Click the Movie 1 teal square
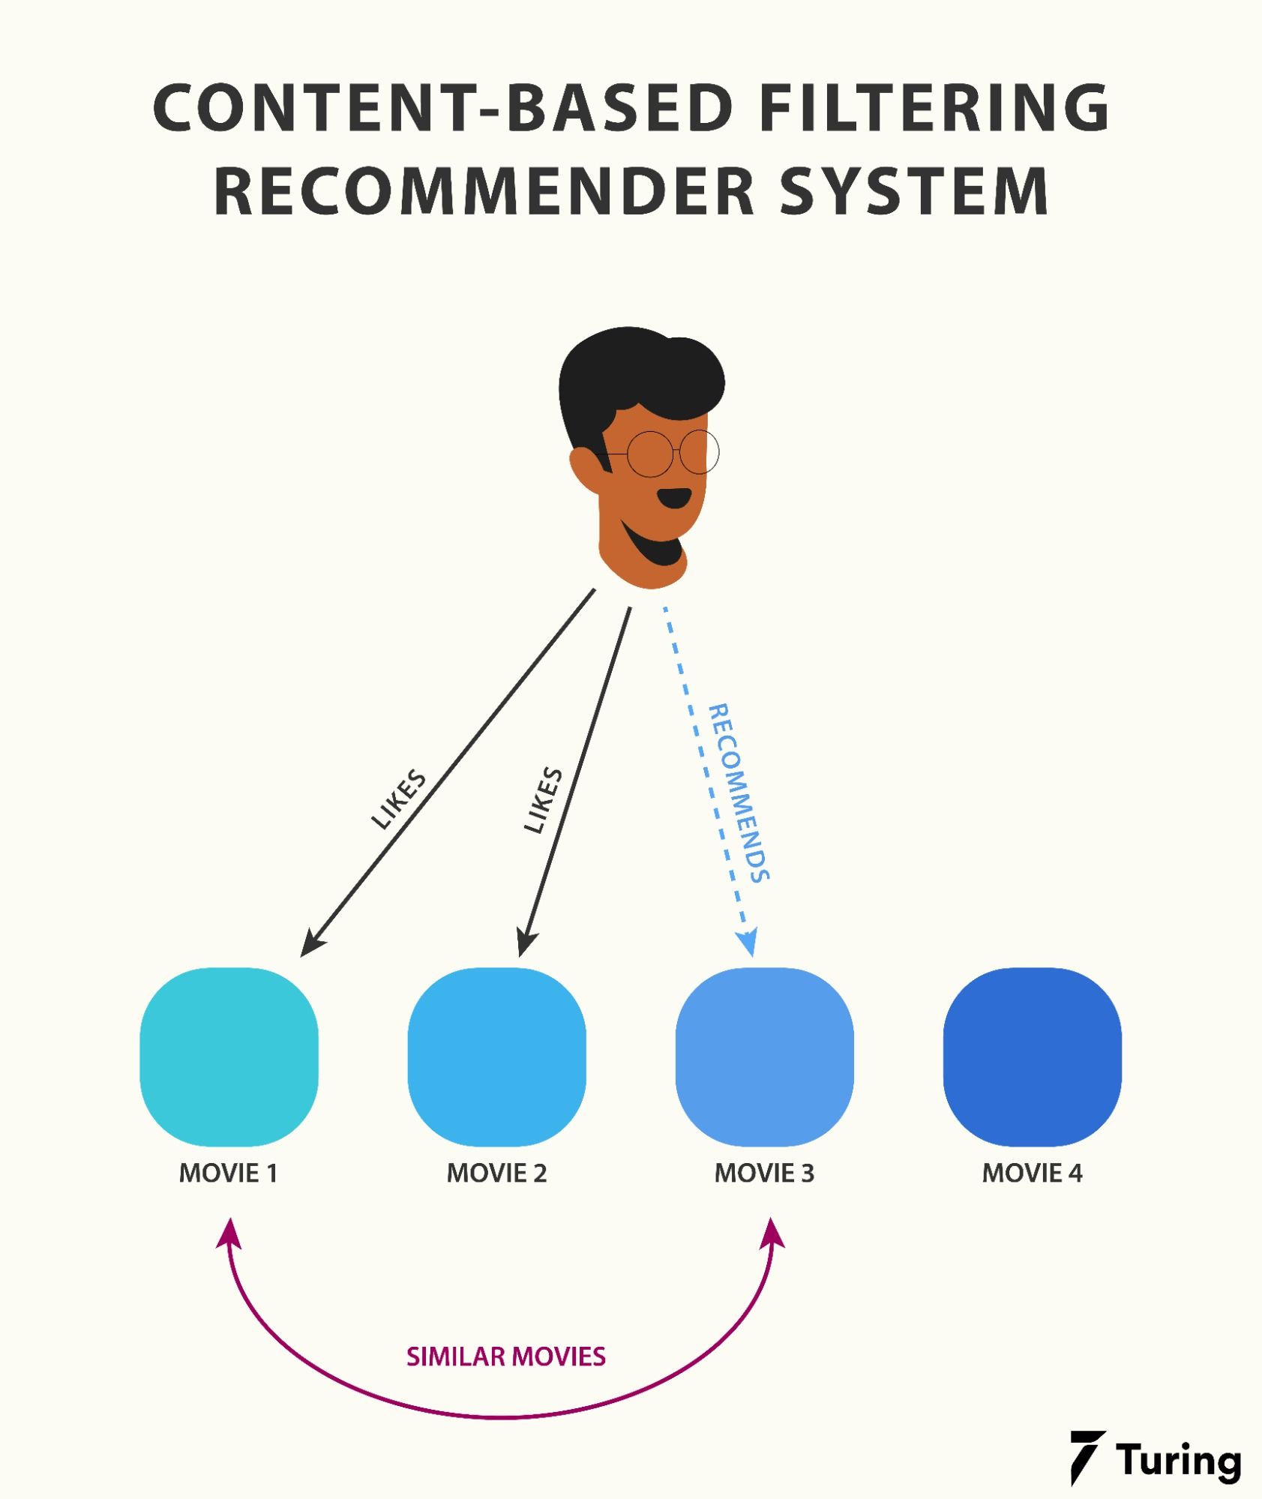coord(229,1057)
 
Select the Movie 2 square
coord(496,1057)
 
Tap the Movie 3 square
coord(764,1057)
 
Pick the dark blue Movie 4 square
coord(1032,1057)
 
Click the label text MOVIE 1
coord(229,1173)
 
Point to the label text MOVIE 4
coord(1032,1173)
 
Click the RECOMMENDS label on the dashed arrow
coord(739,793)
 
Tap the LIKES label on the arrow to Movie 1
coord(399,799)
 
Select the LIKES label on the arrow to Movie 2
coord(543,800)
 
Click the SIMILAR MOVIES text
coord(506,1357)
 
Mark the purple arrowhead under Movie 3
coord(772,1234)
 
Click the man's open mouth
coord(675,497)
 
